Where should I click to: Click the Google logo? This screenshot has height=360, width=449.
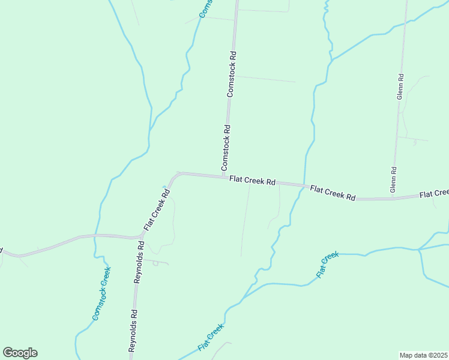pos(20,353)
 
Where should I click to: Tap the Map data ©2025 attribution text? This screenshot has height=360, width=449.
pos(423,355)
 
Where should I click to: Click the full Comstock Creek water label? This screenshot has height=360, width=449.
pos(102,292)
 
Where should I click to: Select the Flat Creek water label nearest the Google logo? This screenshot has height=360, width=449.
pos(211,338)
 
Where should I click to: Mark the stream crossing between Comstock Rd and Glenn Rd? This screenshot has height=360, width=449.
pos(304,185)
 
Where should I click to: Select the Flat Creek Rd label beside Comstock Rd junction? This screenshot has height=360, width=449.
pos(252,181)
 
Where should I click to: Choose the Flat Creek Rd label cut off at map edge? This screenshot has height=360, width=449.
pos(434,193)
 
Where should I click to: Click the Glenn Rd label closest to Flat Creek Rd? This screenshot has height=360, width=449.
pos(394,179)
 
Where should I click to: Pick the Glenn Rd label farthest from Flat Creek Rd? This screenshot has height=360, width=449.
pos(400,86)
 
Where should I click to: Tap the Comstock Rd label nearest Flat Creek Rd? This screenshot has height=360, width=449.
pos(225,146)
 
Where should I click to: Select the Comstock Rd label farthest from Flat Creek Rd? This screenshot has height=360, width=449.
pos(232,74)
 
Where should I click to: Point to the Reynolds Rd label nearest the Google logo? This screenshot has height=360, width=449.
pos(134,330)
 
